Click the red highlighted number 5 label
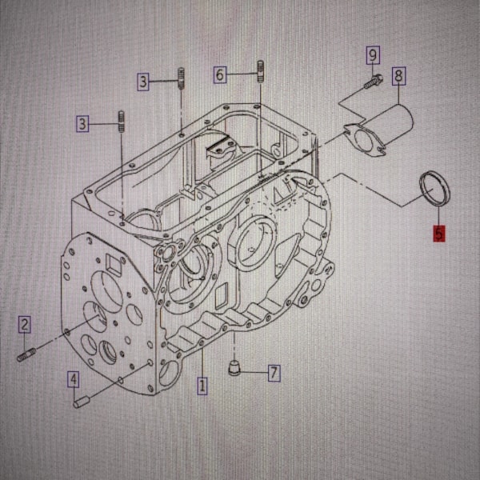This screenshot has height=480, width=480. pyautogui.click(x=438, y=234)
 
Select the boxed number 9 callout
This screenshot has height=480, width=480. pyautogui.click(x=373, y=55)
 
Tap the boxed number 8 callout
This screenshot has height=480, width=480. pyautogui.click(x=398, y=76)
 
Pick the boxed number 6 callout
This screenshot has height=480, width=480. pyautogui.click(x=220, y=74)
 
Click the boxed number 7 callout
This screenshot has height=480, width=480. pyautogui.click(x=274, y=373)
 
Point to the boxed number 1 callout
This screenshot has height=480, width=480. pyautogui.click(x=202, y=386)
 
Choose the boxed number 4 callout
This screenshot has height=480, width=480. pyautogui.click(x=74, y=380)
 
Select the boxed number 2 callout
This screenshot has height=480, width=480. pyautogui.click(x=25, y=325)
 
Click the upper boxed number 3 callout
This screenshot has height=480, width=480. pyautogui.click(x=143, y=82)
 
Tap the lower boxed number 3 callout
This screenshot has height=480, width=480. pyautogui.click(x=82, y=124)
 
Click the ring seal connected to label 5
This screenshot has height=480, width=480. pyautogui.click(x=435, y=189)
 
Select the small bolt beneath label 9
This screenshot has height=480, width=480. pyautogui.click(x=374, y=82)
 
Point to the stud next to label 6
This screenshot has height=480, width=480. pyautogui.click(x=260, y=71)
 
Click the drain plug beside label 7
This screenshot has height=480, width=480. pyautogui.click(x=234, y=367)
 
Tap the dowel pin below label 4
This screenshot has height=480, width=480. pyautogui.click(x=82, y=402)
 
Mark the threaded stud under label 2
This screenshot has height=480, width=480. pyautogui.click(x=26, y=354)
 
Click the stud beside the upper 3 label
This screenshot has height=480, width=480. pyautogui.click(x=182, y=78)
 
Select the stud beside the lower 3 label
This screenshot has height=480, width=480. pyautogui.click(x=122, y=122)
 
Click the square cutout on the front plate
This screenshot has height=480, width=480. pyautogui.click(x=114, y=264)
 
